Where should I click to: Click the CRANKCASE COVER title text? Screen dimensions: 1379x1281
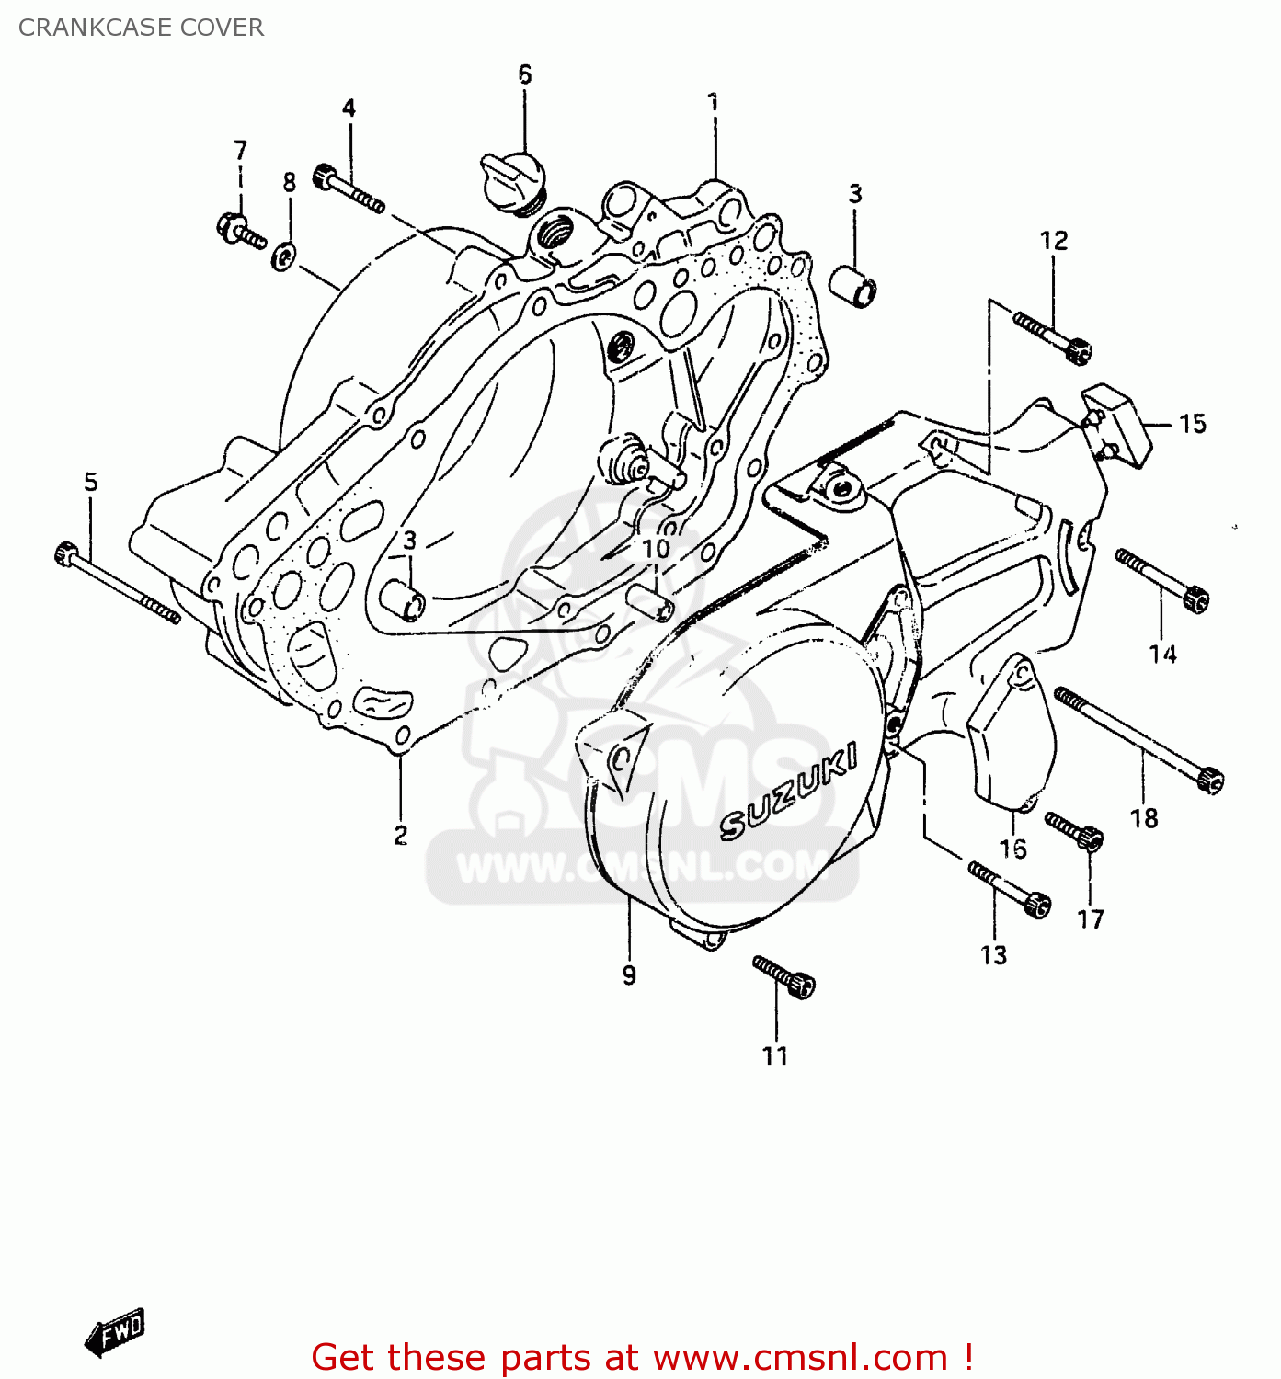[x=141, y=28]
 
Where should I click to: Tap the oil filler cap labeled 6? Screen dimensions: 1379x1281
[x=515, y=178]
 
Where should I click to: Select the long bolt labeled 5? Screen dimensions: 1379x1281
[x=117, y=583]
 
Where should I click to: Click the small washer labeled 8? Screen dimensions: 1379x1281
[x=283, y=256]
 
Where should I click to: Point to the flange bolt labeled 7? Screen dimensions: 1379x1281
[x=239, y=230]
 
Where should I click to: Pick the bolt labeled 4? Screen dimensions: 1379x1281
[x=349, y=189]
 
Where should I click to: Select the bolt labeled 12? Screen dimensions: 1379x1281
[x=1054, y=336]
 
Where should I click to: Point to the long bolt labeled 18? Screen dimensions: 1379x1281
[x=1138, y=740]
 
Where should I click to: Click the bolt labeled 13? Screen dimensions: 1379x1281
[x=1009, y=888]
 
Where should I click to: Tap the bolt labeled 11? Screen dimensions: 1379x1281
[x=783, y=975]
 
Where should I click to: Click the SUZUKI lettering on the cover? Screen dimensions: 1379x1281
[x=788, y=792]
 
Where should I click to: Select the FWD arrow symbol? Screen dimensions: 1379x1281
[x=115, y=1330]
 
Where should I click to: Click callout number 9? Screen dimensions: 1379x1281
[x=629, y=974]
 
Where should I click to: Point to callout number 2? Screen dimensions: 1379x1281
[x=400, y=835]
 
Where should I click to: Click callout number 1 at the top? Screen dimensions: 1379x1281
[x=713, y=102]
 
